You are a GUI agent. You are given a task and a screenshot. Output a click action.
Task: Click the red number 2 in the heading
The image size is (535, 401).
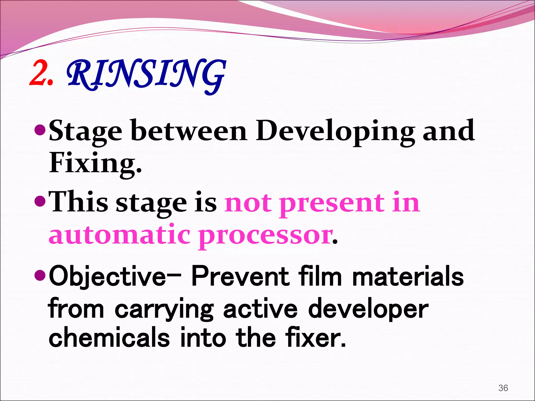coord(39,73)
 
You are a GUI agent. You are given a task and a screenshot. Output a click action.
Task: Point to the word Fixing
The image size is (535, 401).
coord(95,163)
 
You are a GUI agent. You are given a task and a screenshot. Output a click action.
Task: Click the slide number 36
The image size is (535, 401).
coord(503,388)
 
